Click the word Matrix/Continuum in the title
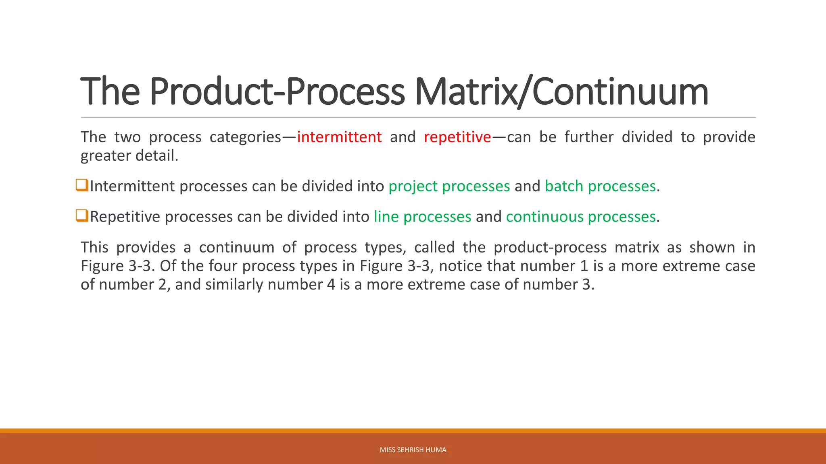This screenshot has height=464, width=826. point(561,92)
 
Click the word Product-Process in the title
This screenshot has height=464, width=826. point(277,92)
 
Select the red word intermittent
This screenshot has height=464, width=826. point(339,137)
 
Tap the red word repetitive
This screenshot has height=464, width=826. point(457,137)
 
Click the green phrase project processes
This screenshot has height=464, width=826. point(449,186)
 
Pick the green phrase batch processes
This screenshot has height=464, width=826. point(600,186)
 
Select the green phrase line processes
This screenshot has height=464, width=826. point(422,217)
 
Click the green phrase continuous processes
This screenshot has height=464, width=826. point(581,217)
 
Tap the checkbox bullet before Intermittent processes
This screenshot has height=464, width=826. point(82,185)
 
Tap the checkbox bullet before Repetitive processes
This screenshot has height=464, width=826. point(82,216)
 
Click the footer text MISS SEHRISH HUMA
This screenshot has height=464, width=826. point(413,450)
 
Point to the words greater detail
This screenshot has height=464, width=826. point(129,156)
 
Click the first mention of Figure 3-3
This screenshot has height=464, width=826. point(117,266)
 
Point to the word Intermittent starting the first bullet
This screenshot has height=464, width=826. point(132,186)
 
